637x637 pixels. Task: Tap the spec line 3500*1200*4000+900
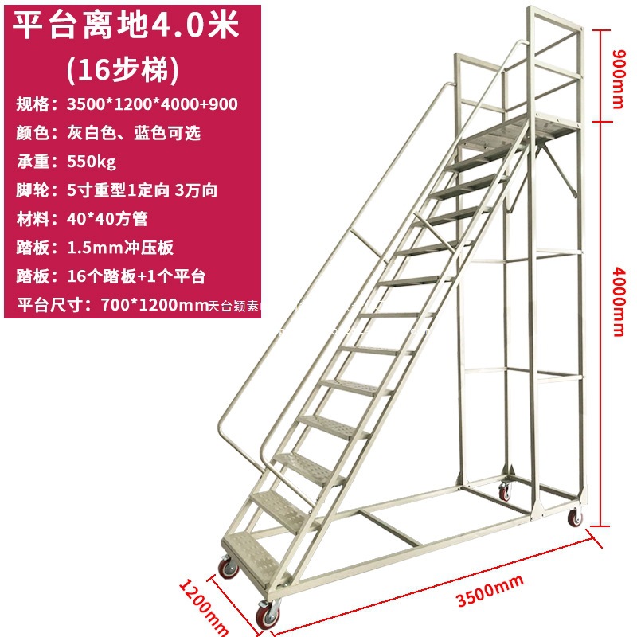click(149, 104)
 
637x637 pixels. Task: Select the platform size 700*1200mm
click(154, 304)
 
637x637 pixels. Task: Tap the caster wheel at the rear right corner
click(574, 518)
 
